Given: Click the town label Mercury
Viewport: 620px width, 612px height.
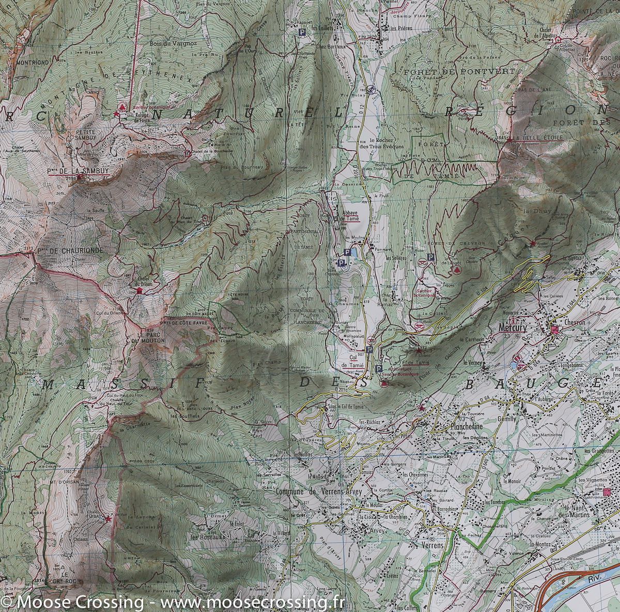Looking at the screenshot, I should pyautogui.click(x=512, y=327).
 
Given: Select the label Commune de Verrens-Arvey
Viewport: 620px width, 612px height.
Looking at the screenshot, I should pyautogui.click(x=319, y=491).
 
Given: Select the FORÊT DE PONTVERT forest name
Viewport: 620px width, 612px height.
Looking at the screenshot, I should pyautogui.click(x=460, y=71).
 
